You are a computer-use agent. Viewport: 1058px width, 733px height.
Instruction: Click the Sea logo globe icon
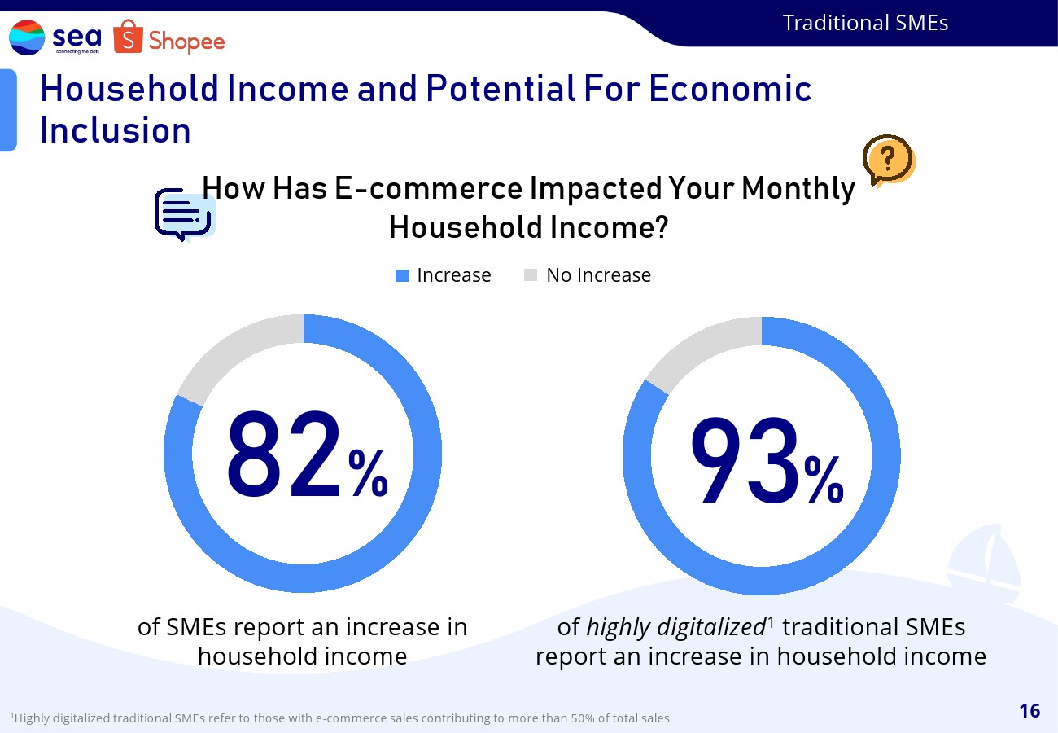(27, 37)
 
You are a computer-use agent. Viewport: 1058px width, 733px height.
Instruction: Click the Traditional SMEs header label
(865, 23)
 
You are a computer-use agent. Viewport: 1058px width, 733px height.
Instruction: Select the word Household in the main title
(129, 89)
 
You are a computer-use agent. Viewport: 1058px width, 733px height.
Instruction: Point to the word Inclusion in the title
(116, 130)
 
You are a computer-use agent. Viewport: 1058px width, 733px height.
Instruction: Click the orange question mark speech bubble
(889, 160)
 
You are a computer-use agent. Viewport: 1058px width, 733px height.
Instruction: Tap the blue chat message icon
(185, 215)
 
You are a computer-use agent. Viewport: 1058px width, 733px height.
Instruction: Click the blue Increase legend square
(402, 275)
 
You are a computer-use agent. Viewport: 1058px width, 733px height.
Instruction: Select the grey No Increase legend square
(531, 275)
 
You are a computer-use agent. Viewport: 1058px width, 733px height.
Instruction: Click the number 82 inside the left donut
(283, 454)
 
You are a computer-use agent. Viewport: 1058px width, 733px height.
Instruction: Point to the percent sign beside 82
(369, 473)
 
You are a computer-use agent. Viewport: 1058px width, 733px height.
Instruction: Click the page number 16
(1030, 711)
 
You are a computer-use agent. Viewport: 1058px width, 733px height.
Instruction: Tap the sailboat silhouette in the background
(984, 563)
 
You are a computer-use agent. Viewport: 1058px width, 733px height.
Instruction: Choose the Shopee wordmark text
(186, 42)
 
